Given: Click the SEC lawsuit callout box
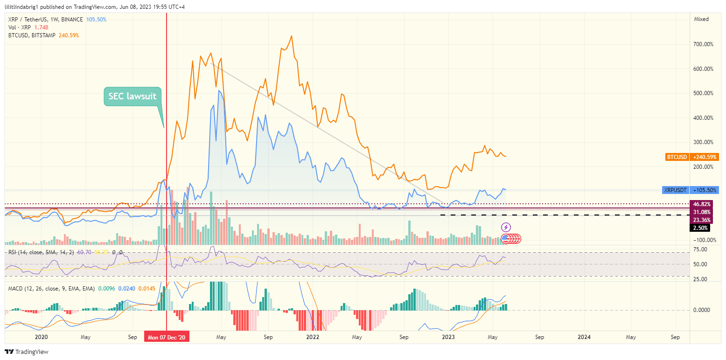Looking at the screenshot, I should pos(133,97).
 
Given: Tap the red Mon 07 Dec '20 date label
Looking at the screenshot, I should pos(167,337).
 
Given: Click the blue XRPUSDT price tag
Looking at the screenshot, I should pos(691,190).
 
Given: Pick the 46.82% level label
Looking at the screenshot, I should pos(701,204).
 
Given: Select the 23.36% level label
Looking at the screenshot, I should pos(701,220).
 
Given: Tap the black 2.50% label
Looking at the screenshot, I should pos(701,228).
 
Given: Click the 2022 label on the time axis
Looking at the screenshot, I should pos(312,337).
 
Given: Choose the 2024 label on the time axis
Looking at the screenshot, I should pos(584,337).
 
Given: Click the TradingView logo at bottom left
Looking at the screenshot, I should pos(27,352).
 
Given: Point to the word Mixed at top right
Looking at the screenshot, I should pos(701,19).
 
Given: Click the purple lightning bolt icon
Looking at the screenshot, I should pos(506,227).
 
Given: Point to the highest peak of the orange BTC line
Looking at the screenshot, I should pos(292,36).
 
